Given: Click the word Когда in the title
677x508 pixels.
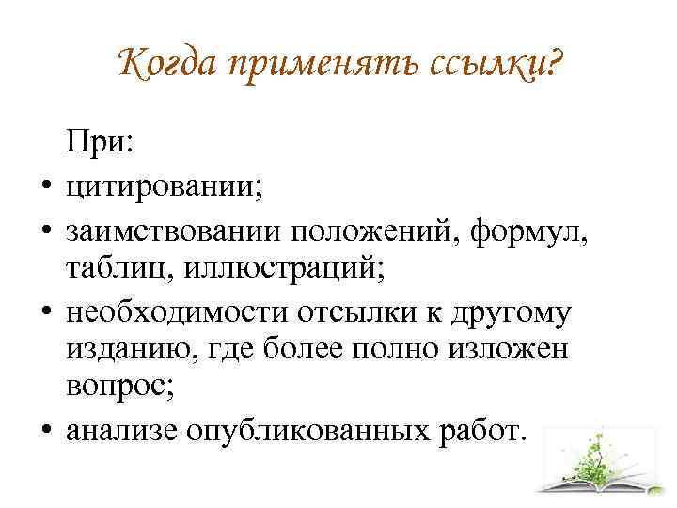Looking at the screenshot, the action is [166, 64].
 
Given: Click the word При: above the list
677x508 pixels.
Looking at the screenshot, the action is [100, 140].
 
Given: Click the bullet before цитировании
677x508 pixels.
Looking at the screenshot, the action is [47, 185].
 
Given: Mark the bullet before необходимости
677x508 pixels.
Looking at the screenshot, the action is [47, 310].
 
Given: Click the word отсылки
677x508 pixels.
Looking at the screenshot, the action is [357, 312].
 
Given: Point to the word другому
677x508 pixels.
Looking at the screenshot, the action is [512, 314].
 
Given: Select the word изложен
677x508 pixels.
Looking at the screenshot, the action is [508, 349].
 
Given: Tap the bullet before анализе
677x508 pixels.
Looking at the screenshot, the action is [47, 429].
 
